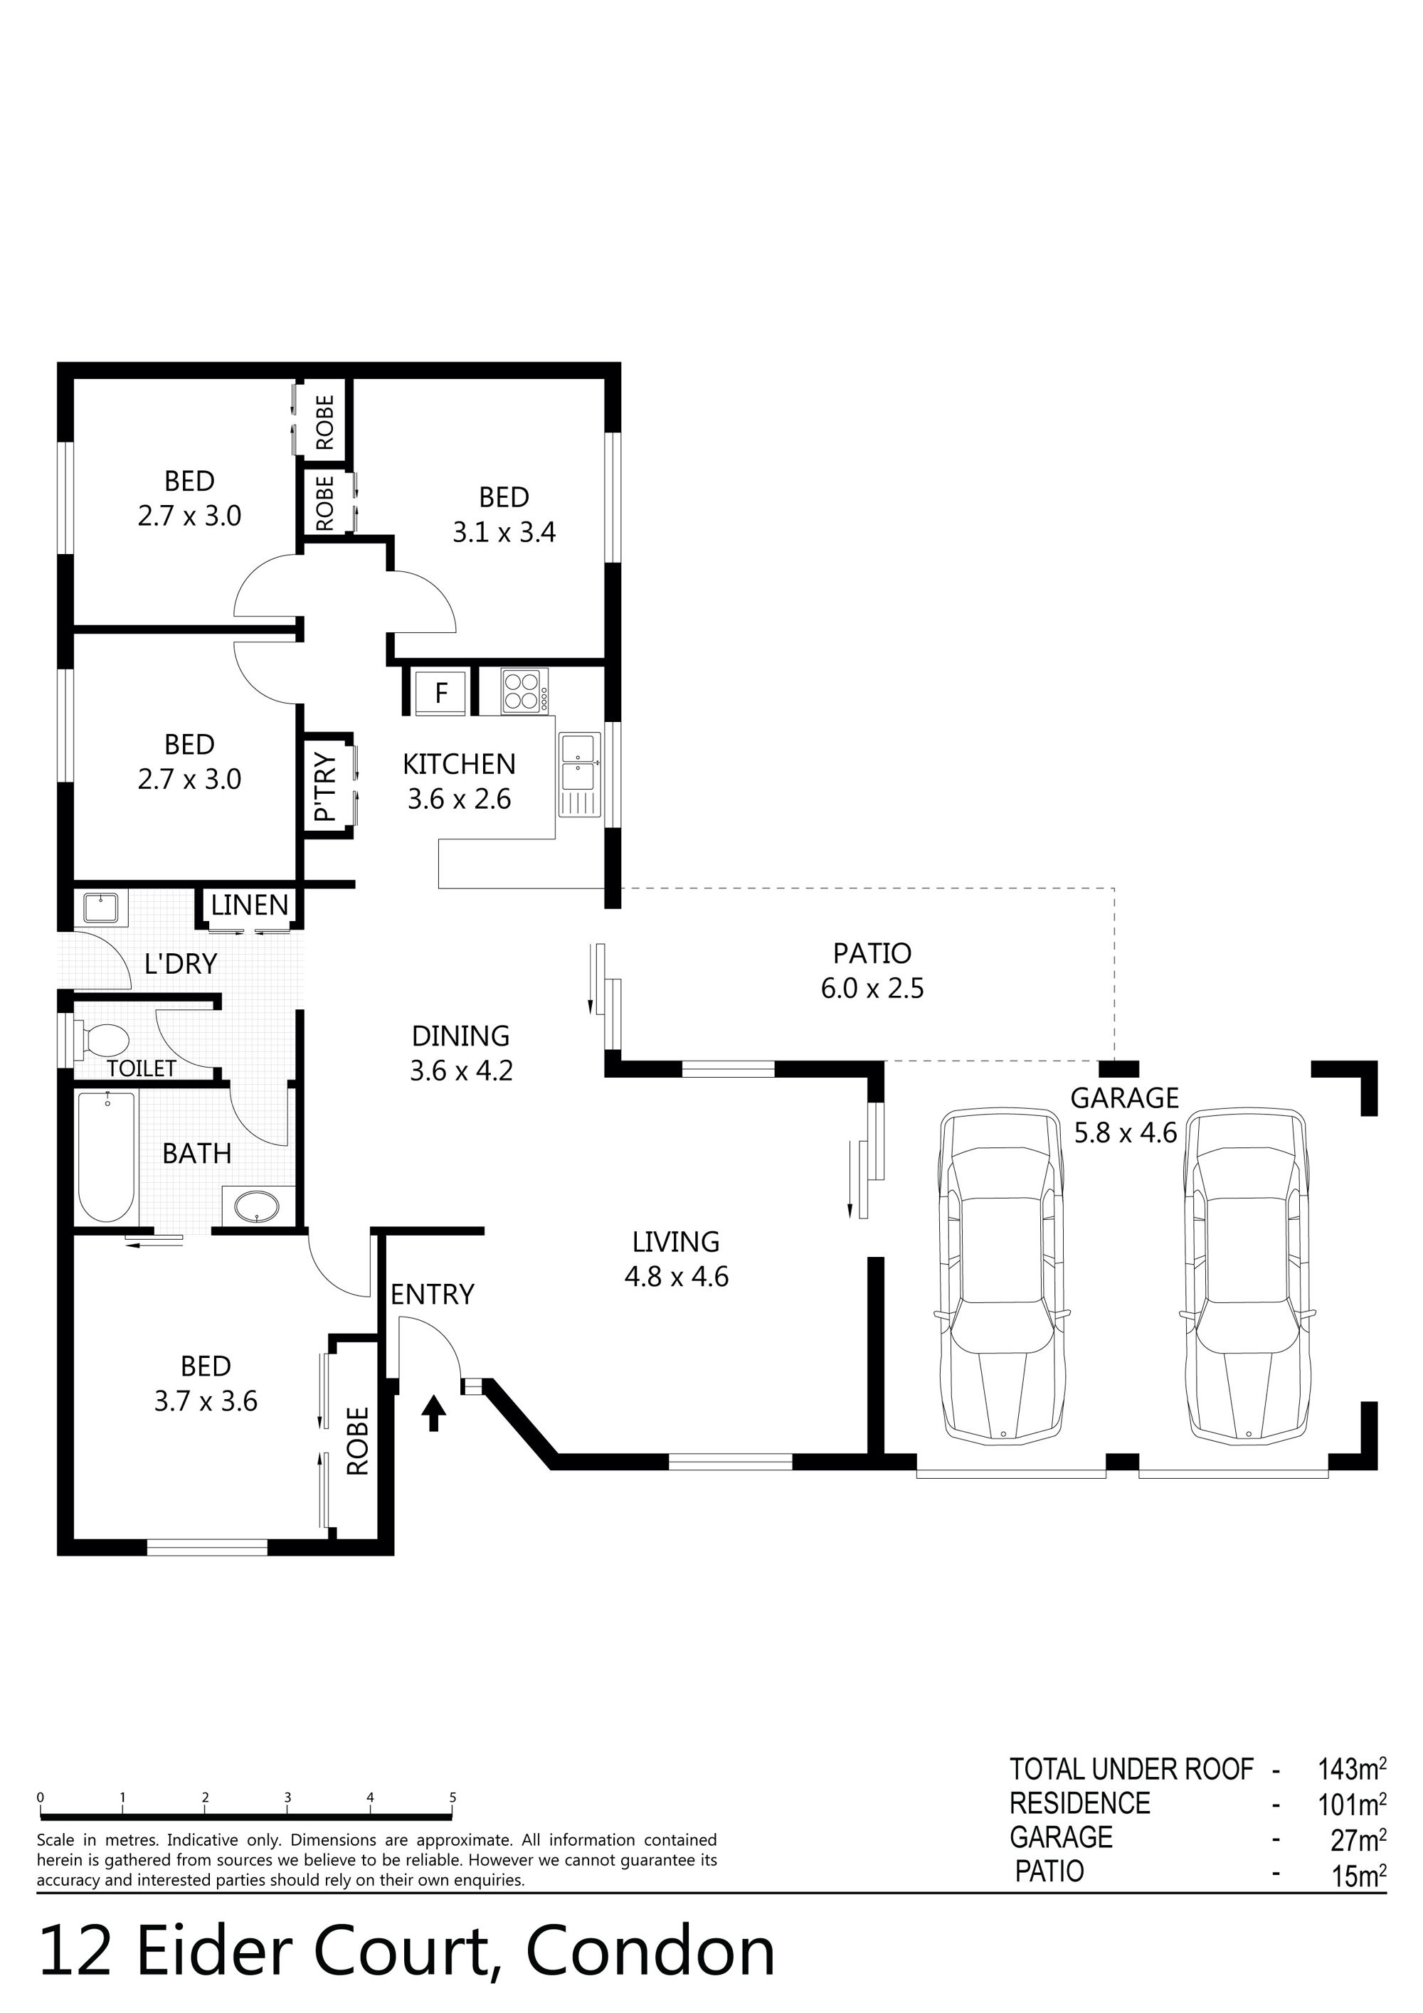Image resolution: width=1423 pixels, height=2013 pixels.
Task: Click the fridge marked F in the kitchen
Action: pyautogui.click(x=441, y=693)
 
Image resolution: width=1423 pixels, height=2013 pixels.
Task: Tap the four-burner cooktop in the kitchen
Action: pyautogui.click(x=524, y=690)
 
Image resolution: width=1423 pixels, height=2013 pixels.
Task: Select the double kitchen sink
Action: pyautogui.click(x=578, y=763)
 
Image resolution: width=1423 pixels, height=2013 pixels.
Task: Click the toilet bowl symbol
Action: pyautogui.click(x=101, y=1041)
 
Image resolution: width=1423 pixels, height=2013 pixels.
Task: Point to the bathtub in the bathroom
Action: pyautogui.click(x=107, y=1157)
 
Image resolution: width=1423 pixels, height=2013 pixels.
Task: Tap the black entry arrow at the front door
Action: pyautogui.click(x=433, y=1413)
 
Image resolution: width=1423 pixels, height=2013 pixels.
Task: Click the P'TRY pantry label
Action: pyautogui.click(x=324, y=787)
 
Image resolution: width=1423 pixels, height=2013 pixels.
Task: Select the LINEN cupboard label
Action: pyautogui.click(x=250, y=905)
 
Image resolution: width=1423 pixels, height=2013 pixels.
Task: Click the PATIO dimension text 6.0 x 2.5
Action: pyautogui.click(x=872, y=988)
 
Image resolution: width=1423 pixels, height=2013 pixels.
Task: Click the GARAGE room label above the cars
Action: pyautogui.click(x=1125, y=1098)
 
